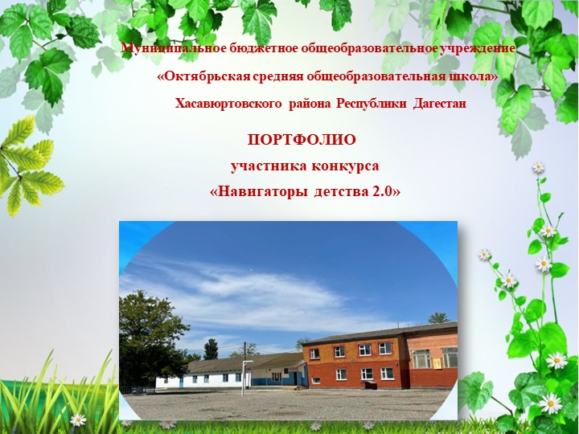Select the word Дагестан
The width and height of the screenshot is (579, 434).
click(x=439, y=104)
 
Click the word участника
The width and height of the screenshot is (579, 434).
click(x=265, y=166)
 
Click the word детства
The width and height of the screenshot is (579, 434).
click(x=339, y=193)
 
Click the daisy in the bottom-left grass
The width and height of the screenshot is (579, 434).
click(x=77, y=420)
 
